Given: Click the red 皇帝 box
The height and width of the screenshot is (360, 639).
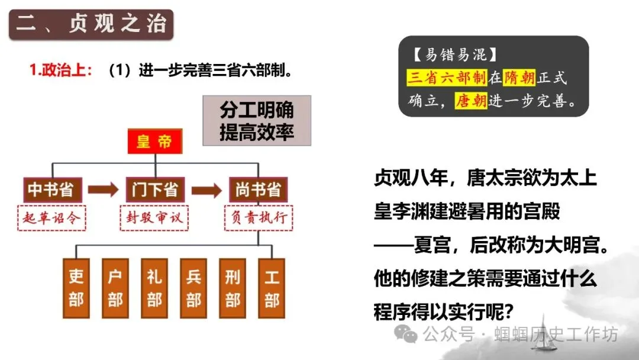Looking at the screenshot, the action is point(155,142).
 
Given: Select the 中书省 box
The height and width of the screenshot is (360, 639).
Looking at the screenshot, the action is point(50,189).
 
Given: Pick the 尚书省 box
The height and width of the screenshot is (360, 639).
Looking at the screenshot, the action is point(257,189).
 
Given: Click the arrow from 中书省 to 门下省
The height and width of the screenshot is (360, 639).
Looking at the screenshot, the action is point(102,190).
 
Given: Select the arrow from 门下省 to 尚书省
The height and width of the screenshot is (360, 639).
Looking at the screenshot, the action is point(206,190).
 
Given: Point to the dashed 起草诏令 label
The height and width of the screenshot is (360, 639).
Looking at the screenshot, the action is point(51,217).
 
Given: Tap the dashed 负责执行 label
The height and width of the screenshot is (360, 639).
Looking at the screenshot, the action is point(258,217).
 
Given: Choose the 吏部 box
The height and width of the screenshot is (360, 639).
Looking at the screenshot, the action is point(76,288).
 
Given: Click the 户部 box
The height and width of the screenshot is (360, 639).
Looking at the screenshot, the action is point(115,288).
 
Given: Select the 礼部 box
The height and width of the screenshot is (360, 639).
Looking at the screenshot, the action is point(154,288).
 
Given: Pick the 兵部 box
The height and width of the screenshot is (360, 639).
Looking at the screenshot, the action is point(193,288).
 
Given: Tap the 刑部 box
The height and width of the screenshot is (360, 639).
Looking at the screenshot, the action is point(233,288).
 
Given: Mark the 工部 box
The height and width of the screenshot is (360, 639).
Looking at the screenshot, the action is point(272,288).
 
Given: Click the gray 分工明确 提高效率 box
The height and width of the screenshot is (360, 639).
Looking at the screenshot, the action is point(257,120).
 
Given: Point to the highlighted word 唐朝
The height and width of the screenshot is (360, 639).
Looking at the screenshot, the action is point(470,101).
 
